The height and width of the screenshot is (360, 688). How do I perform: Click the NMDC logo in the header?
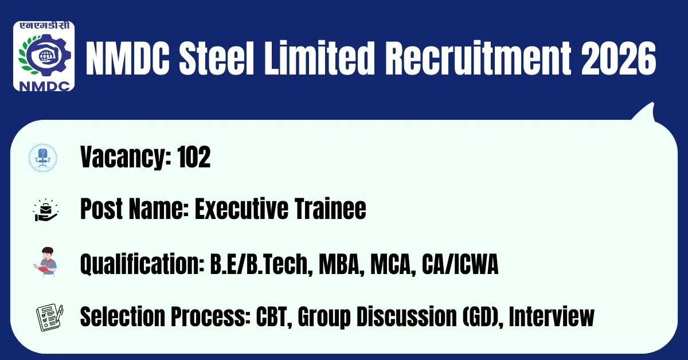click(x=44, y=56)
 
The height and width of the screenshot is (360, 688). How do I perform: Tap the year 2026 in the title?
click(x=618, y=58)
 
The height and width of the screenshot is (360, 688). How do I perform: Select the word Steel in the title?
click(x=216, y=58)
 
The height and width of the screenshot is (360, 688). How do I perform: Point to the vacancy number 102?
click(x=194, y=157)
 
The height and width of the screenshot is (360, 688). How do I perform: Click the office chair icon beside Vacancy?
click(x=42, y=158)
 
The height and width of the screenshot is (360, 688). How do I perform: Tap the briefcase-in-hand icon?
click(x=45, y=210)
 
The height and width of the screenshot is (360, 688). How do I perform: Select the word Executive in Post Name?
click(x=242, y=209)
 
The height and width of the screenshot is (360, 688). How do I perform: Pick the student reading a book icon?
click(x=46, y=262)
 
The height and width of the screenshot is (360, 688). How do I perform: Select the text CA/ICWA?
click(x=460, y=264)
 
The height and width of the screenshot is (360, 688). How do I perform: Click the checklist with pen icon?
click(x=50, y=318)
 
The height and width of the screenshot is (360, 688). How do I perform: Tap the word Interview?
click(x=552, y=316)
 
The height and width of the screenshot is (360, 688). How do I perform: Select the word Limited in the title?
click(x=319, y=58)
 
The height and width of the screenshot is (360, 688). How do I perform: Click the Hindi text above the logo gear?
click(x=44, y=26)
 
